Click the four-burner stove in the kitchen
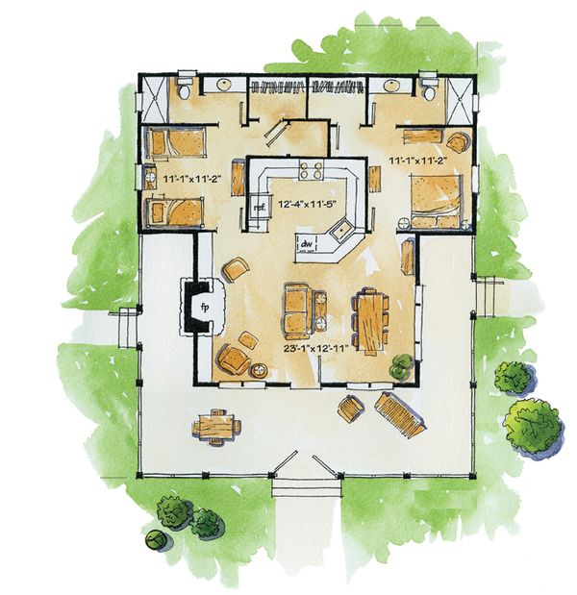pyautogui.click(x=310, y=172)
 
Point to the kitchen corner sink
pyautogui.click(x=339, y=232)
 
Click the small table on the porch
pyautogui.click(x=215, y=423)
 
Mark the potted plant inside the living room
pyautogui.click(x=400, y=366)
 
